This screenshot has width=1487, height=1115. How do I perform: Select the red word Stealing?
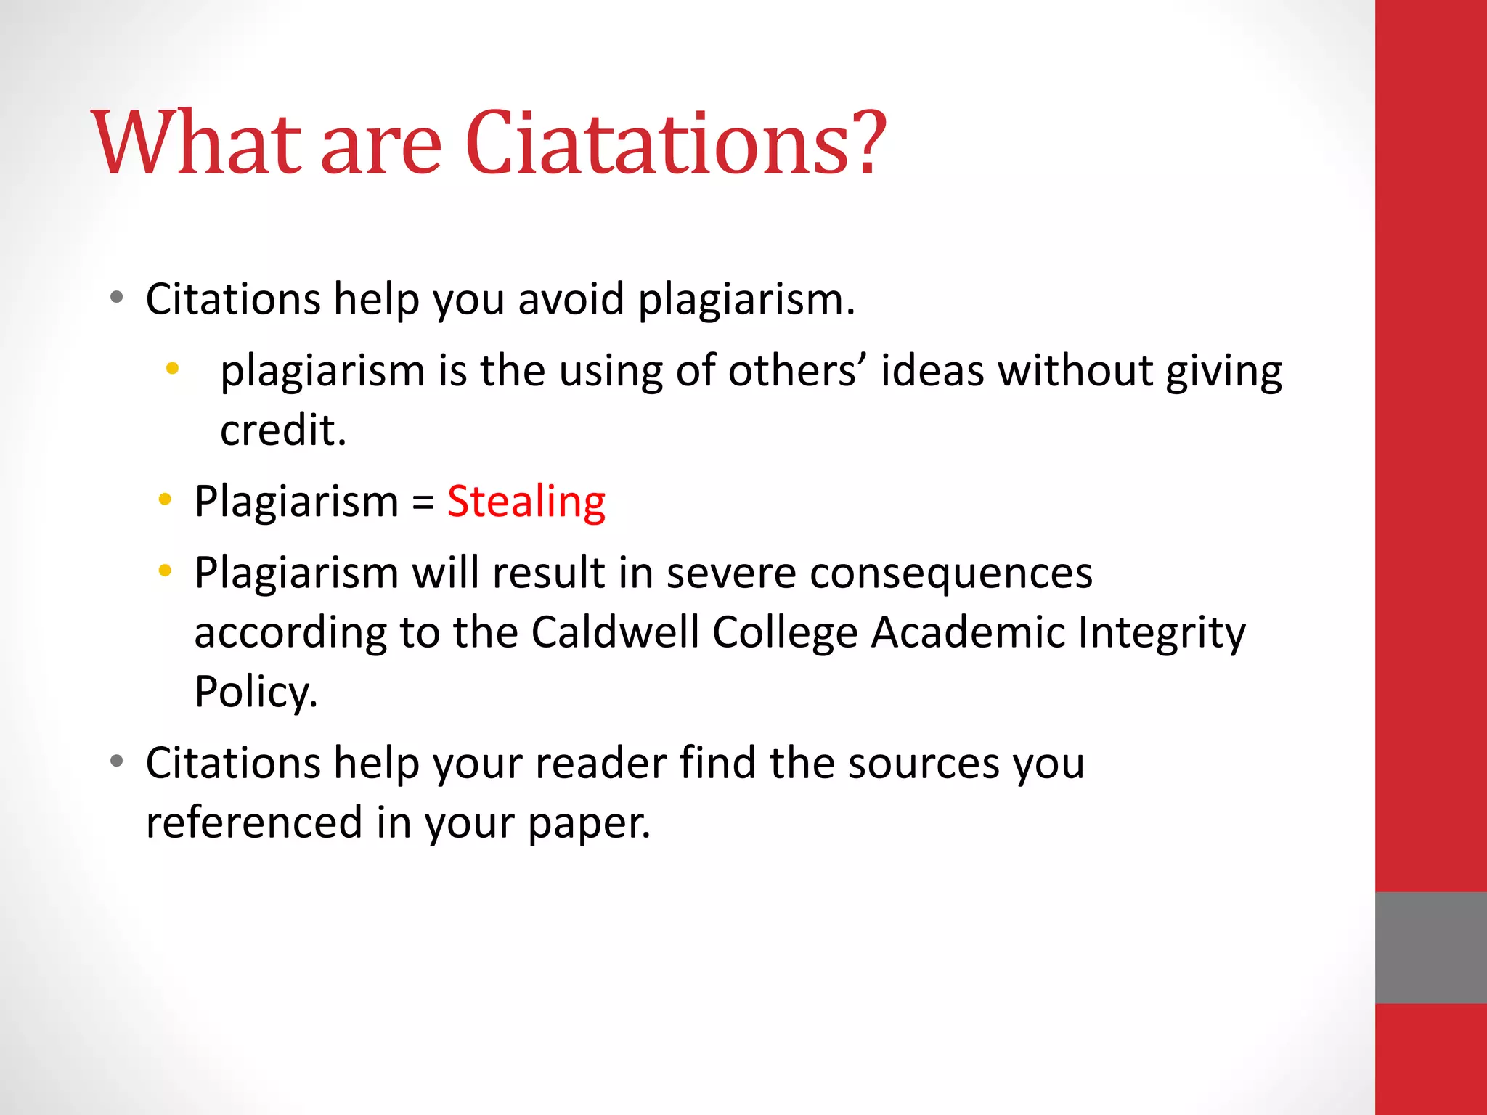pos(526,502)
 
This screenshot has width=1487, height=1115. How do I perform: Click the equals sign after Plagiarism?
pos(423,502)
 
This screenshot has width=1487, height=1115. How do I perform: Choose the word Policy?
pos(256,692)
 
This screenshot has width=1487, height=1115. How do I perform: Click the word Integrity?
pos(1162,632)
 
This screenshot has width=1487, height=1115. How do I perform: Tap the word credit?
pos(283,430)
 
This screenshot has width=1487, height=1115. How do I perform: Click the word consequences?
pos(951,573)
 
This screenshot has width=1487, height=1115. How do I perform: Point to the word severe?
pos(731,573)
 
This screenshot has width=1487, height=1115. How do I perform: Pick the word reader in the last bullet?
pos(600,764)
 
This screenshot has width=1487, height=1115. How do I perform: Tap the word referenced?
pos(254,823)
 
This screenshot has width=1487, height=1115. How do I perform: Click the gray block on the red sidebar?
pos(1430,947)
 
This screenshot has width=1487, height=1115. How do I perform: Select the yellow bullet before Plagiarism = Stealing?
pos(165,499)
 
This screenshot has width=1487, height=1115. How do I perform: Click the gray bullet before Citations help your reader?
pos(117,761)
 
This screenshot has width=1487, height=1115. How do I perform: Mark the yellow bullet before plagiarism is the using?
pos(172,369)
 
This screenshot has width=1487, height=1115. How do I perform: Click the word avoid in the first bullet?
pos(571,299)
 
